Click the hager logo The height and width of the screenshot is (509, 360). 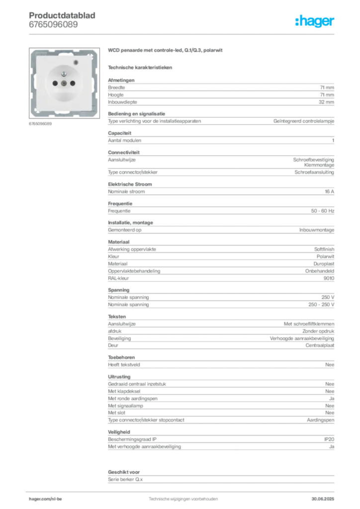point(314,21)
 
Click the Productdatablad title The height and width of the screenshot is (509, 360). point(62,15)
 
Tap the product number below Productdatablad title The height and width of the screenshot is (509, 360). point(53,24)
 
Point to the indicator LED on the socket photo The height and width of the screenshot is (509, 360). point(76,62)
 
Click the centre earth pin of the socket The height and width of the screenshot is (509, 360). point(64,84)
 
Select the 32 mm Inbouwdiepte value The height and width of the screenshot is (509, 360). point(326,102)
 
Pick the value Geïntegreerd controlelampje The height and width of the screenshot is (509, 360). point(303,121)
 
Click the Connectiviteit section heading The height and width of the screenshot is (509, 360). point(124,152)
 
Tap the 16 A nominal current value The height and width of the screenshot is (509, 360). point(329,191)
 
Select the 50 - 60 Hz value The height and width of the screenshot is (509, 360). point(322,211)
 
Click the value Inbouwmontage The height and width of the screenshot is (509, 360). point(317,230)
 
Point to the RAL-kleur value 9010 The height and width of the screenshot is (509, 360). point(329,278)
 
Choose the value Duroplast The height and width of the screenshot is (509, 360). point(324,264)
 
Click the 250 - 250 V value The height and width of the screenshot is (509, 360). point(321,305)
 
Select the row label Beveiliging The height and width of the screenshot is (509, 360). point(119,338)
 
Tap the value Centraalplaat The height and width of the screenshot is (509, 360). point(320,345)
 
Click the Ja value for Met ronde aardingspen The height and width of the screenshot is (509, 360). point(332,398)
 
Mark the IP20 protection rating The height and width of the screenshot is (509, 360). point(329,439)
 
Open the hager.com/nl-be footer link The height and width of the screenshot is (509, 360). point(45,499)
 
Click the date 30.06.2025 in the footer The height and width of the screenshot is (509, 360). point(323,499)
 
